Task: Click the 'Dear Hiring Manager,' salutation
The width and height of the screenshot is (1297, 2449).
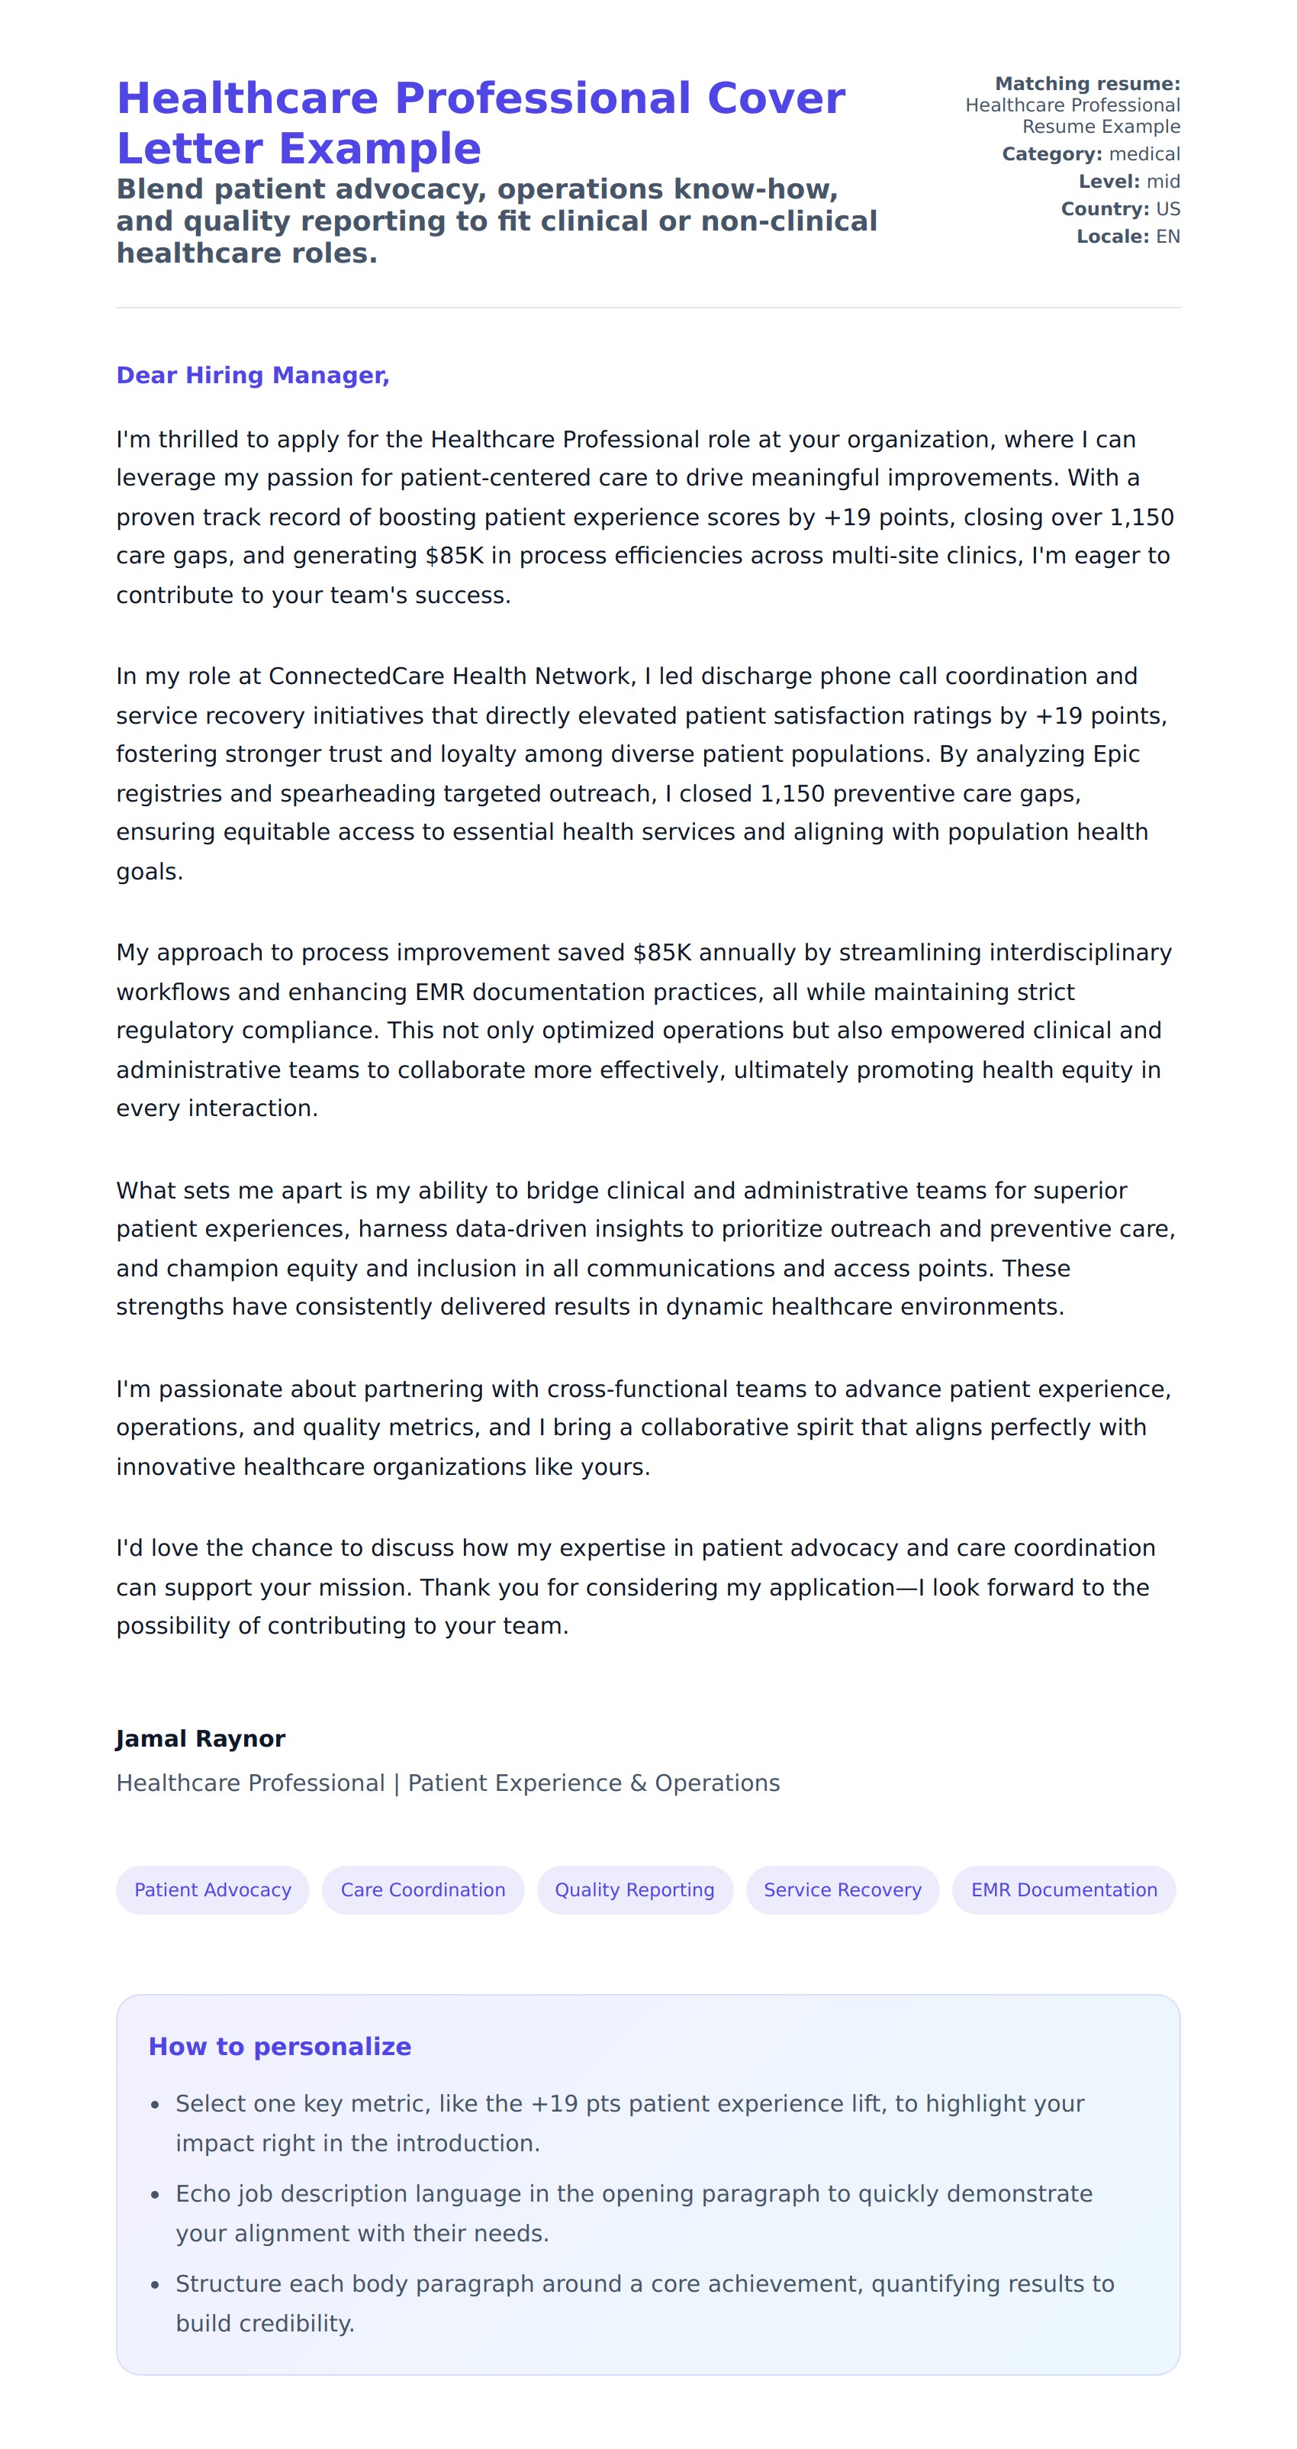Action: pos(253,376)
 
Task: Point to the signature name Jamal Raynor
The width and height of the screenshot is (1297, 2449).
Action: pos(201,1739)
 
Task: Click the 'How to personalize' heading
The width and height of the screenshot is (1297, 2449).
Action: pos(279,2046)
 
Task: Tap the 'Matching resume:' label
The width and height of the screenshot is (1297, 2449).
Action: pos(1087,84)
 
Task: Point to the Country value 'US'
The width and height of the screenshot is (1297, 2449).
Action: pos(1168,209)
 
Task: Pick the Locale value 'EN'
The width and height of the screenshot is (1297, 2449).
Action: pos(1168,237)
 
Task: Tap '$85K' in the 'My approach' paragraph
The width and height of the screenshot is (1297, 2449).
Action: pos(661,953)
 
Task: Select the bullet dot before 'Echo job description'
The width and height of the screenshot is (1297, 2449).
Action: pos(155,2195)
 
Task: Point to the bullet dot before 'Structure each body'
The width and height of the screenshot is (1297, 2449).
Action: pos(155,2285)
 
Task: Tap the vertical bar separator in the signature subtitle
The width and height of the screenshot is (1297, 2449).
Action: pos(396,1783)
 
